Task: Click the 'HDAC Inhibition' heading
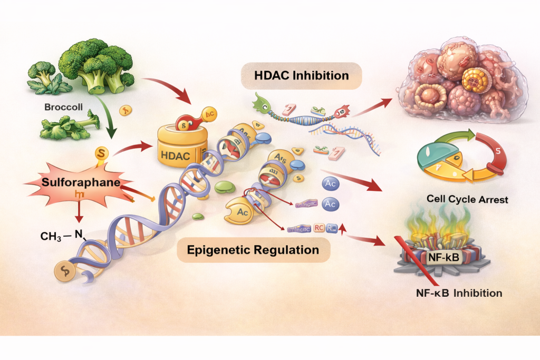coord(301,76)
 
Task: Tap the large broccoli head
coord(98,60)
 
